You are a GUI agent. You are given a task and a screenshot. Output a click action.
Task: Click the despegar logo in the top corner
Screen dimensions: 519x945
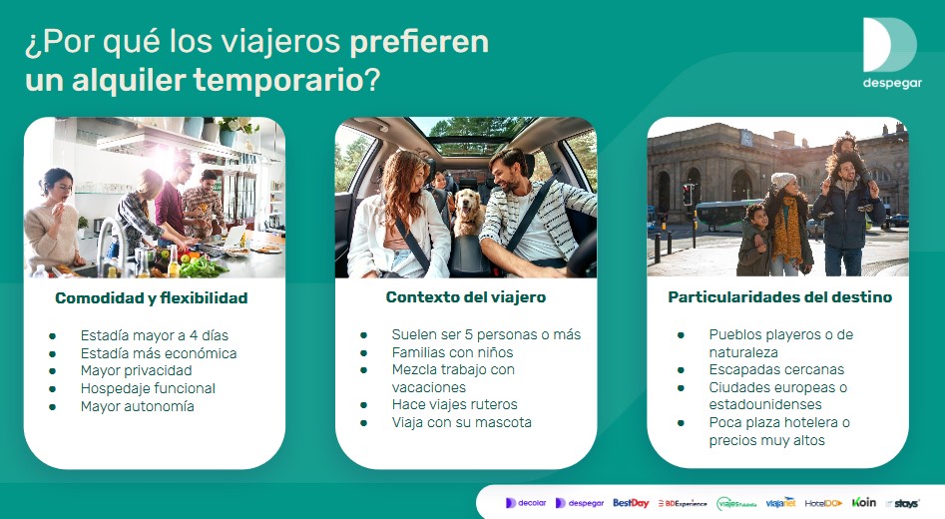tap(891, 53)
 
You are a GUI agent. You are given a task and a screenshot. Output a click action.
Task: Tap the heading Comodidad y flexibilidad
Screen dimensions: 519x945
tap(151, 297)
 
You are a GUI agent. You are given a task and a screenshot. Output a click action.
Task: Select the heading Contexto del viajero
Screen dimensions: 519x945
tap(465, 296)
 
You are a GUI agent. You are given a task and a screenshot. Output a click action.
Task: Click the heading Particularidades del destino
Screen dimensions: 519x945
tap(779, 296)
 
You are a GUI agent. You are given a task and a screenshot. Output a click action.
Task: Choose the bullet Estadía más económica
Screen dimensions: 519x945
tap(159, 352)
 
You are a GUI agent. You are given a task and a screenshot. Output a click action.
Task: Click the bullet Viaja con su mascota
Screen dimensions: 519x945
tap(461, 422)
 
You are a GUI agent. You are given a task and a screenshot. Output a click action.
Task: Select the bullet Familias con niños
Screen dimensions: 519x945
tap(452, 351)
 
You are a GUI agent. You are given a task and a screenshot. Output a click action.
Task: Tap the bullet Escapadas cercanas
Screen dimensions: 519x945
tap(776, 369)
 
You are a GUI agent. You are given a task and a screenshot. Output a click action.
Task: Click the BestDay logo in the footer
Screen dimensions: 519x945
tap(631, 503)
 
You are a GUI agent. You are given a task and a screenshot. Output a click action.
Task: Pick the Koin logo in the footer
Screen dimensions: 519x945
tap(863, 502)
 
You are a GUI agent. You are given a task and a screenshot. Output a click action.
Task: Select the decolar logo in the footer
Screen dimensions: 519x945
tap(526, 503)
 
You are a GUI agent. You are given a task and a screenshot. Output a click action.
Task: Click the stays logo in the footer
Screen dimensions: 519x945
tap(902, 503)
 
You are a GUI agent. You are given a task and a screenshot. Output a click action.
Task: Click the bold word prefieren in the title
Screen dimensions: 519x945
tap(419, 43)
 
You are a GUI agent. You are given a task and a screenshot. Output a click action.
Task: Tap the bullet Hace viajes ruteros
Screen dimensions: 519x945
tap(454, 404)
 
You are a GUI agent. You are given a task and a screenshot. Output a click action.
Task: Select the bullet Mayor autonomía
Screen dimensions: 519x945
tap(137, 406)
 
